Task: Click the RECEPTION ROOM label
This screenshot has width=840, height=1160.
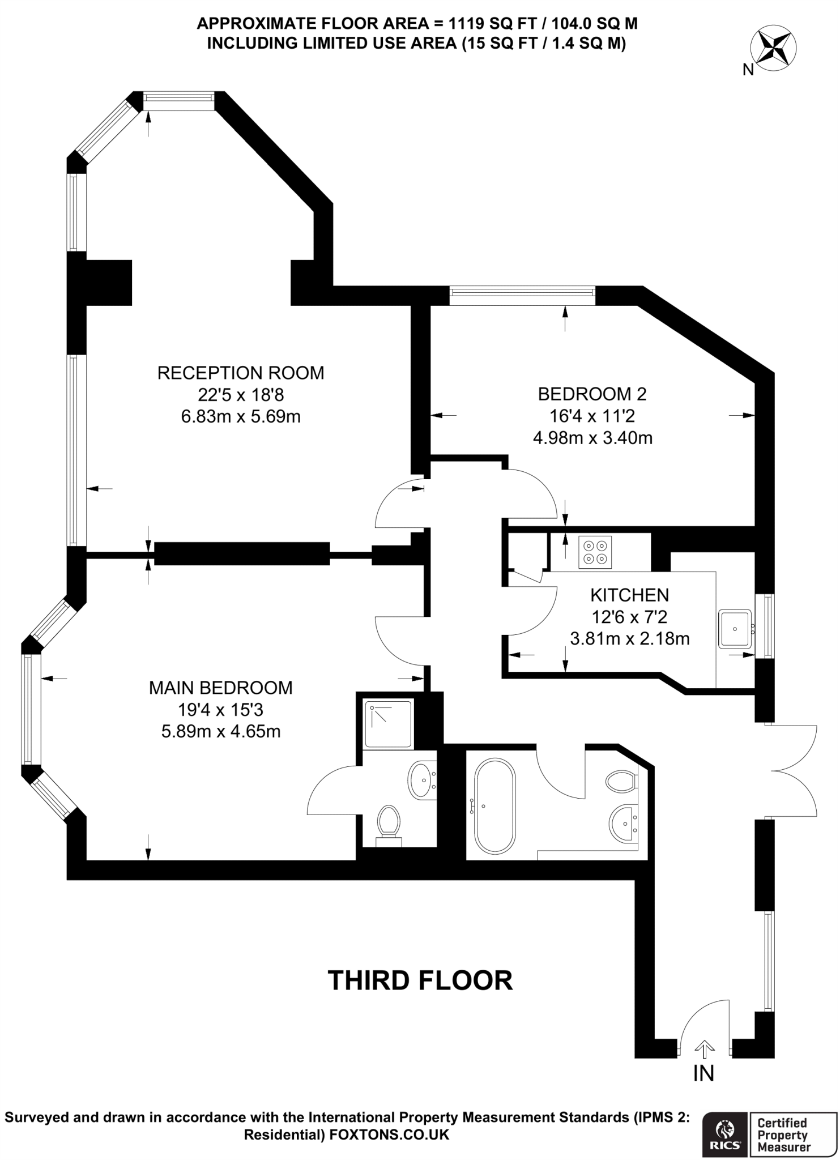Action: click(241, 373)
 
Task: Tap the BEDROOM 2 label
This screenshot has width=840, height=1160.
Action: click(592, 394)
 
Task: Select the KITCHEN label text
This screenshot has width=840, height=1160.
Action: click(630, 595)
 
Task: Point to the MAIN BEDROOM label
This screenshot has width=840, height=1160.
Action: click(221, 688)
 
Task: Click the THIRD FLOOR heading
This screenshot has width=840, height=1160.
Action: click(420, 980)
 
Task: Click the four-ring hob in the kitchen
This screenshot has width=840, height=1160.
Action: click(595, 552)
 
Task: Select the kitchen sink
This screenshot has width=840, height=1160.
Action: click(735, 629)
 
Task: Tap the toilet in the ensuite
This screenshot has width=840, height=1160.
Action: click(389, 825)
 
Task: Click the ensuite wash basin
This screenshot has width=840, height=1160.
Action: click(421, 781)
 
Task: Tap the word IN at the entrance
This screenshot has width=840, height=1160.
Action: click(704, 1073)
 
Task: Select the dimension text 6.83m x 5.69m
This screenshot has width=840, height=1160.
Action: click(241, 417)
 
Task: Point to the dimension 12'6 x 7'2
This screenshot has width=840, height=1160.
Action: click(630, 617)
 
